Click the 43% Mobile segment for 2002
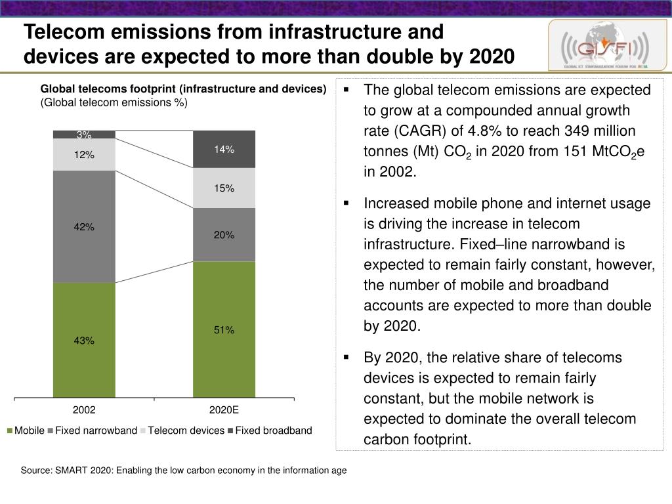pyautogui.click(x=84, y=340)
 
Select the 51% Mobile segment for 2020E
pyautogui.click(x=224, y=329)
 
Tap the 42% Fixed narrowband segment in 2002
pyautogui.click(x=84, y=226)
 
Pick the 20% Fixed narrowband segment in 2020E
pyautogui.click(x=224, y=234)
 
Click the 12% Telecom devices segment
pyautogui.click(x=84, y=155)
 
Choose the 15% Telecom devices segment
pyautogui.click(x=224, y=188)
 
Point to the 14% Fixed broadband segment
pyautogui.click(x=224, y=149)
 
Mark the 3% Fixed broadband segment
pyautogui.click(x=84, y=135)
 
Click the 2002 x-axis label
pyautogui.click(x=84, y=409)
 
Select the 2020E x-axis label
pyautogui.click(x=224, y=409)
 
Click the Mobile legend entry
pyautogui.click(x=26, y=430)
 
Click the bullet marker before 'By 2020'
pyautogui.click(x=346, y=358)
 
